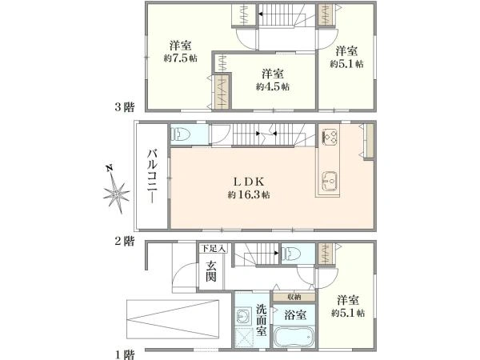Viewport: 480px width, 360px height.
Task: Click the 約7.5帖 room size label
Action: (x=180, y=58)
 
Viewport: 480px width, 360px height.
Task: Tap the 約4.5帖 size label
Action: (x=273, y=86)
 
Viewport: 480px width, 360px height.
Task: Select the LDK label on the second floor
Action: (x=249, y=182)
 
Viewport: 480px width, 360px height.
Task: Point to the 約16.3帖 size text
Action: (x=249, y=194)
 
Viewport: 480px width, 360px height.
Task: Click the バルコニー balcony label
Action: (x=152, y=176)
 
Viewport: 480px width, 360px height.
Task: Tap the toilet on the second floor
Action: (x=181, y=134)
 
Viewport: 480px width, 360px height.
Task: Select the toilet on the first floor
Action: (x=291, y=254)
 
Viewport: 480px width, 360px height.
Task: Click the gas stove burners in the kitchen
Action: (x=329, y=136)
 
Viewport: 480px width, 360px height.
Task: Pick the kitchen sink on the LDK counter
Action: (x=329, y=182)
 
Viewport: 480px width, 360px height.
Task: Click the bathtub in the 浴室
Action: (x=294, y=337)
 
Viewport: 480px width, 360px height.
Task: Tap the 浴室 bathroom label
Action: (x=295, y=314)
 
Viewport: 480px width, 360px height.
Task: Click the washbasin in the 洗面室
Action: (x=244, y=315)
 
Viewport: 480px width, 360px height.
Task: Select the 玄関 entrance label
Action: (x=211, y=271)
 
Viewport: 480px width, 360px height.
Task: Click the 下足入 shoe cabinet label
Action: (x=213, y=248)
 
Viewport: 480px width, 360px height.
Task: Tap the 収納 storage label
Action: (x=294, y=297)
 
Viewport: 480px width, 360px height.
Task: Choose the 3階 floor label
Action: (x=124, y=107)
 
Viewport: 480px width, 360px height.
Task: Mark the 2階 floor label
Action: (x=124, y=242)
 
